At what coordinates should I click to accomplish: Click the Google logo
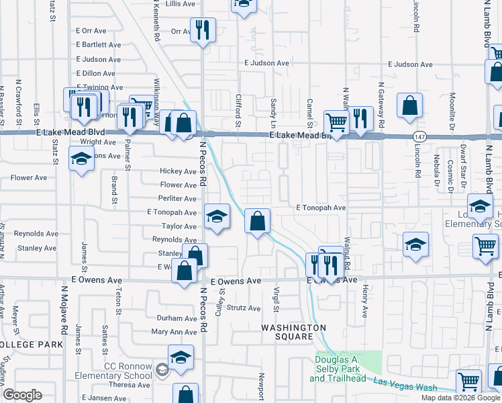21,395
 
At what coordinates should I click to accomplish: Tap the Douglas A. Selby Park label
341,369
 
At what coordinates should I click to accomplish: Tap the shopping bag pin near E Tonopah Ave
258,220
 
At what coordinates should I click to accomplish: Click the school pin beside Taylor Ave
217,216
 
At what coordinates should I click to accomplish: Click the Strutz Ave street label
243,308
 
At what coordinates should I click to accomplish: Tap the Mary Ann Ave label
174,332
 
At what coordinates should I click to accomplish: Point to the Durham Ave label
177,318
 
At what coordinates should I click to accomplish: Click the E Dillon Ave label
98,73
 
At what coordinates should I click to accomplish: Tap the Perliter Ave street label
177,199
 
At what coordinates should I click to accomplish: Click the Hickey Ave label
178,172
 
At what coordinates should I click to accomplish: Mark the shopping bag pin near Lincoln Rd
409,105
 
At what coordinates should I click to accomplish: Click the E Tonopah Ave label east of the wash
321,208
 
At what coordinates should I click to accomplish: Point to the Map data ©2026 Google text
460,398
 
